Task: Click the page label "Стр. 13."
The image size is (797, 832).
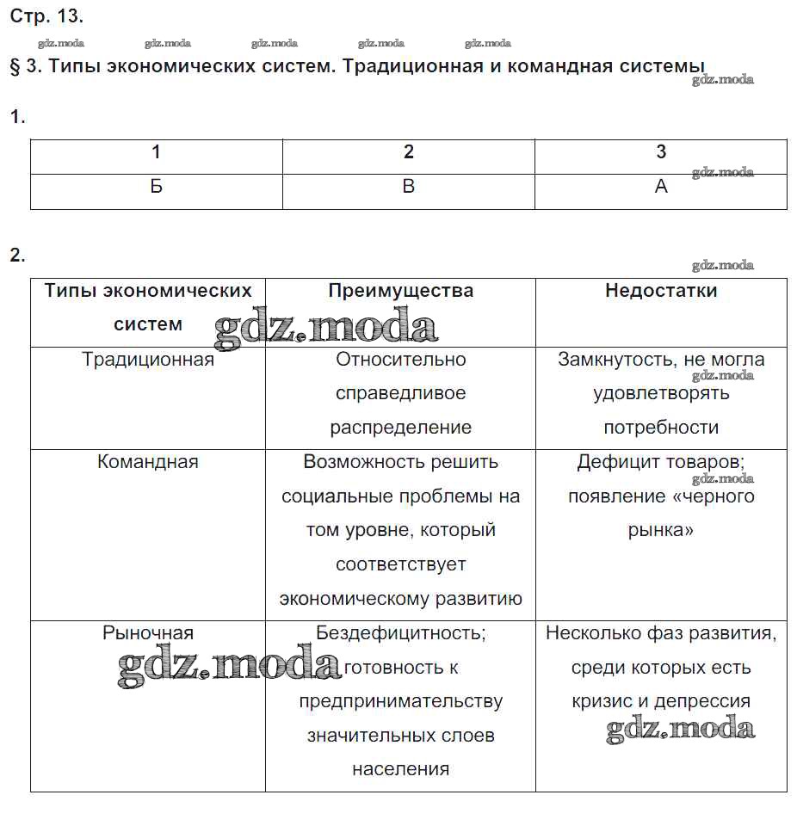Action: pyautogui.click(x=46, y=15)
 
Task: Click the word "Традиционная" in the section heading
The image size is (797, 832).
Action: pyautogui.click(x=412, y=66)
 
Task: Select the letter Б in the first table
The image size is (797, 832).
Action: pyautogui.click(x=156, y=187)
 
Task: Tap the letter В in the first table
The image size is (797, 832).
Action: pyautogui.click(x=409, y=187)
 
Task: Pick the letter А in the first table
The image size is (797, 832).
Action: pyautogui.click(x=661, y=187)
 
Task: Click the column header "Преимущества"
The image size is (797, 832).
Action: pyautogui.click(x=400, y=291)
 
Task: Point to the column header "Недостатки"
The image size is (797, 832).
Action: pyautogui.click(x=661, y=291)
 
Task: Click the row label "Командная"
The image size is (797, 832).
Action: pyautogui.click(x=148, y=462)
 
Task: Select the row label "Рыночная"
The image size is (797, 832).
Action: pyautogui.click(x=148, y=633)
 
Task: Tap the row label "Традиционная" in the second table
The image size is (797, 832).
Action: pyautogui.click(x=148, y=360)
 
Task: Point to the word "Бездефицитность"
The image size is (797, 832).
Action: pyautogui.click(x=400, y=633)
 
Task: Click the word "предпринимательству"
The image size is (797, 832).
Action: pyautogui.click(x=400, y=701)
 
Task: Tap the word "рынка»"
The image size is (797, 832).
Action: pyautogui.click(x=661, y=530)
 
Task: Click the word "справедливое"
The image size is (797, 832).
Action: pyautogui.click(x=400, y=393)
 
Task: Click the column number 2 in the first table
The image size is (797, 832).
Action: pyautogui.click(x=409, y=152)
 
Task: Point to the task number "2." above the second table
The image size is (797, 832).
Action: pyautogui.click(x=17, y=255)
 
